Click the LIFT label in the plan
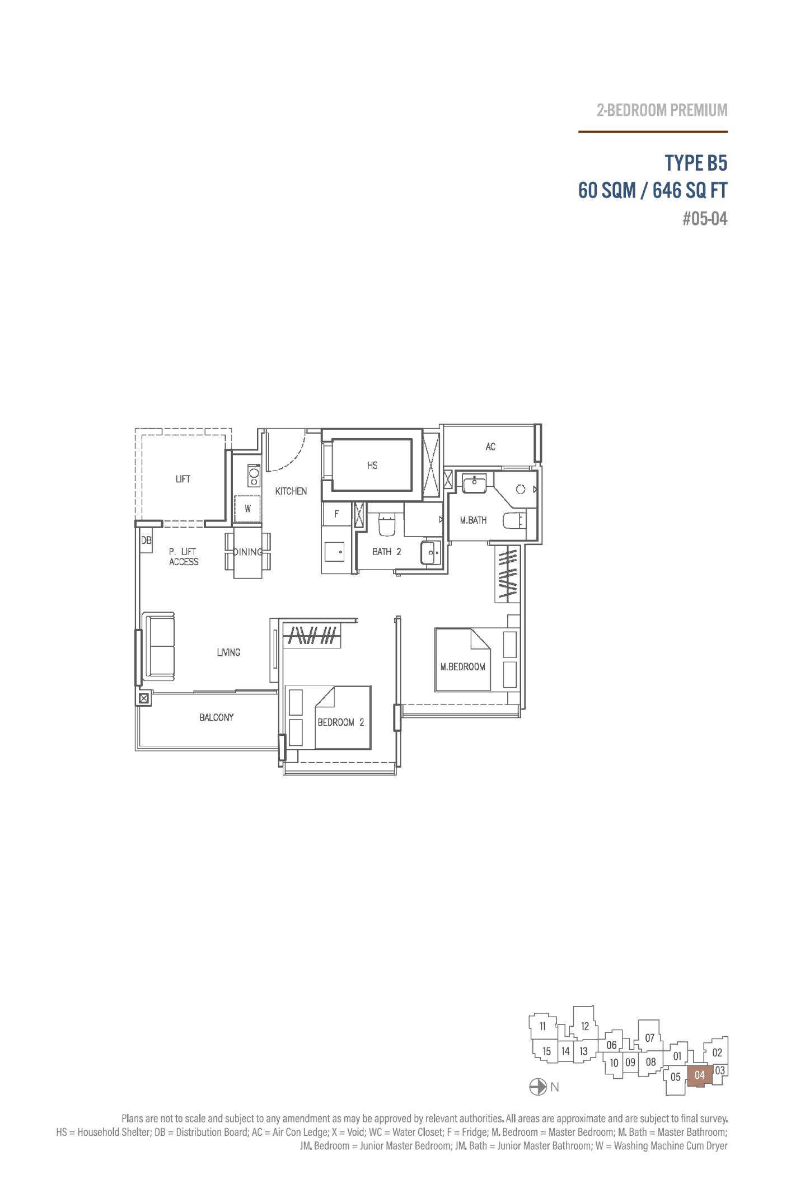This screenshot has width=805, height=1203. point(183,479)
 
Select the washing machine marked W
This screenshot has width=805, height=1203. point(247,509)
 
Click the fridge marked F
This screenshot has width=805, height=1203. point(336,514)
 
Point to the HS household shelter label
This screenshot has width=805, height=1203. point(372,465)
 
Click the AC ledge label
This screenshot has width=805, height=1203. point(490,447)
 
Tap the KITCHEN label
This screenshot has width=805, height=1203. point(291,491)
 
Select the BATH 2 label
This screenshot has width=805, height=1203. point(387,552)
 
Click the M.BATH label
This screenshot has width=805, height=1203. point(473,520)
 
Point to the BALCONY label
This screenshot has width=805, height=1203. point(217,717)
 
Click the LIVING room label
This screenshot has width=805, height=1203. point(228,652)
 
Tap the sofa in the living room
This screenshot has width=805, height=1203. point(159,646)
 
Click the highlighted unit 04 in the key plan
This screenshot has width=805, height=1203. point(699,1075)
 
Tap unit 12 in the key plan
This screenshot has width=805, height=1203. point(585,1026)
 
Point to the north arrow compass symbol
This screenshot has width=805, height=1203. point(537,1087)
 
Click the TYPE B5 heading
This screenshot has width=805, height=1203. point(696,163)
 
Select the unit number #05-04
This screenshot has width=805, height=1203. point(705,219)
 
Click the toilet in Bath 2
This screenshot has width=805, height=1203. point(387,524)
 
